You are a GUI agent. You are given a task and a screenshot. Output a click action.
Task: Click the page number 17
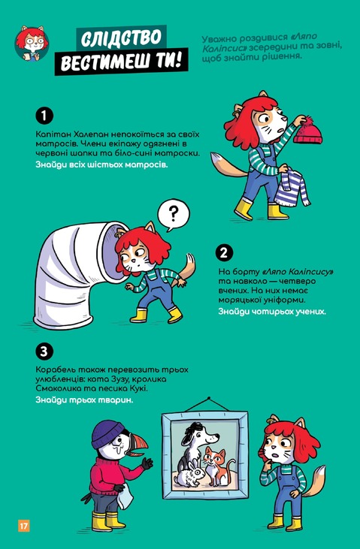pyautogui.click(x=24, y=526)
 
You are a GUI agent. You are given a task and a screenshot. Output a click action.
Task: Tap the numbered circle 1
pyautogui.click(x=44, y=116)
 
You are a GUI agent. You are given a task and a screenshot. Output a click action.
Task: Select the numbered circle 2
pyautogui.click(x=225, y=253)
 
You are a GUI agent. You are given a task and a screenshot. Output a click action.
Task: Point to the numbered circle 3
pyautogui.click(x=44, y=351)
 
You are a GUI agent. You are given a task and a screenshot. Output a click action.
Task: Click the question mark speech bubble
pyautogui.click(x=173, y=215)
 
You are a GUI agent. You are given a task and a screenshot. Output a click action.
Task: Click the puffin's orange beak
pyautogui.click(x=138, y=444)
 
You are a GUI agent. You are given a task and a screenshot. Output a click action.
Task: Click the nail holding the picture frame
pyautogui.click(x=209, y=399)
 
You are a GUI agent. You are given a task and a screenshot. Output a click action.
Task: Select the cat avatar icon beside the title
pyautogui.click(x=32, y=44)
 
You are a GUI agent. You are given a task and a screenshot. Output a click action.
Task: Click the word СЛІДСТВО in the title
pyautogui.click(x=121, y=38)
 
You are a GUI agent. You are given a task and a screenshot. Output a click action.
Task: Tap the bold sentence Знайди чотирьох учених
pyautogui.click(x=272, y=311)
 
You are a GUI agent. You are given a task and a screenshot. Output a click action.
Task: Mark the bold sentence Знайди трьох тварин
pyautogui.click(x=84, y=400)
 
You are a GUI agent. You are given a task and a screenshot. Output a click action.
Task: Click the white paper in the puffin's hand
pyautogui.click(x=126, y=498)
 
